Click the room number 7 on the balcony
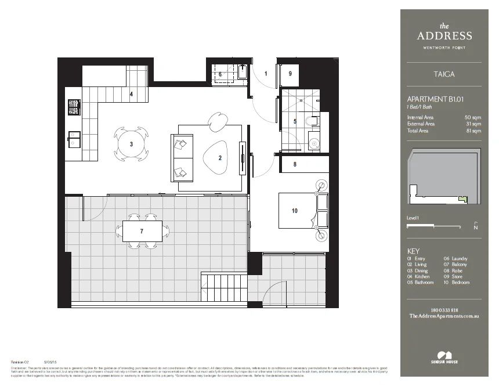(142, 231)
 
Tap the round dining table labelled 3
(131, 144)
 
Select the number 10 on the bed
(295, 211)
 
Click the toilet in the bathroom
(314, 121)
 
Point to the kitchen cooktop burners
(74, 107)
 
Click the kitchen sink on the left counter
(74, 138)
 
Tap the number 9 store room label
(290, 74)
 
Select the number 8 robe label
(295, 164)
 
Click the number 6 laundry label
(220, 74)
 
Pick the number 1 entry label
(266, 74)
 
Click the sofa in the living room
(180, 157)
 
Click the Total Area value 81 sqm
(473, 131)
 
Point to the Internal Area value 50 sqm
(473, 118)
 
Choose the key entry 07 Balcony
(455, 265)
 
